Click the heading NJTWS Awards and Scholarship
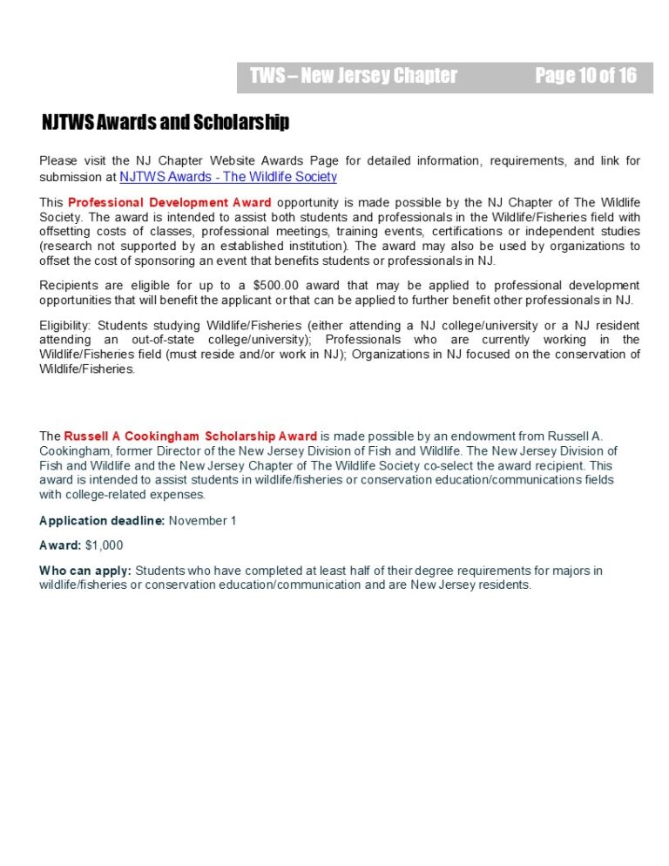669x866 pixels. click(166, 123)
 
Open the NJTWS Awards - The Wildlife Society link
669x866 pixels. click(227, 177)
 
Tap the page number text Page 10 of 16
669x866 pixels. click(585, 76)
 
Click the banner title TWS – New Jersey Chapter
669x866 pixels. click(353, 76)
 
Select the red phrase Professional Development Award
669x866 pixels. click(169, 203)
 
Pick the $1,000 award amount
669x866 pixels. click(104, 545)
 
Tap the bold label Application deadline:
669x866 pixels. click(102, 521)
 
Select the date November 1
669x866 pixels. click(202, 521)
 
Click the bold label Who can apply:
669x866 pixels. click(85, 571)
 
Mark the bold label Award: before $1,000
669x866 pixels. click(60, 545)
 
